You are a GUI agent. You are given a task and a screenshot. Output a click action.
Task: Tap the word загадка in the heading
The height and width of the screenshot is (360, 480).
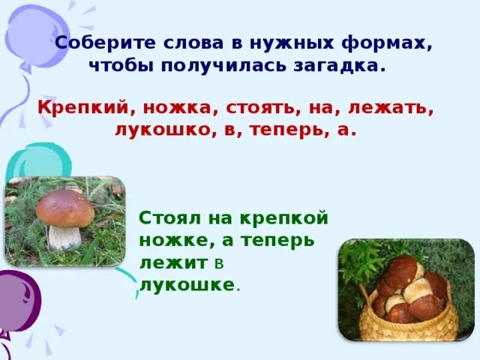[343, 66]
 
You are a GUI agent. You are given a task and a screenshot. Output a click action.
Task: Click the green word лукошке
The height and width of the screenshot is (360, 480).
[187, 285]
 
